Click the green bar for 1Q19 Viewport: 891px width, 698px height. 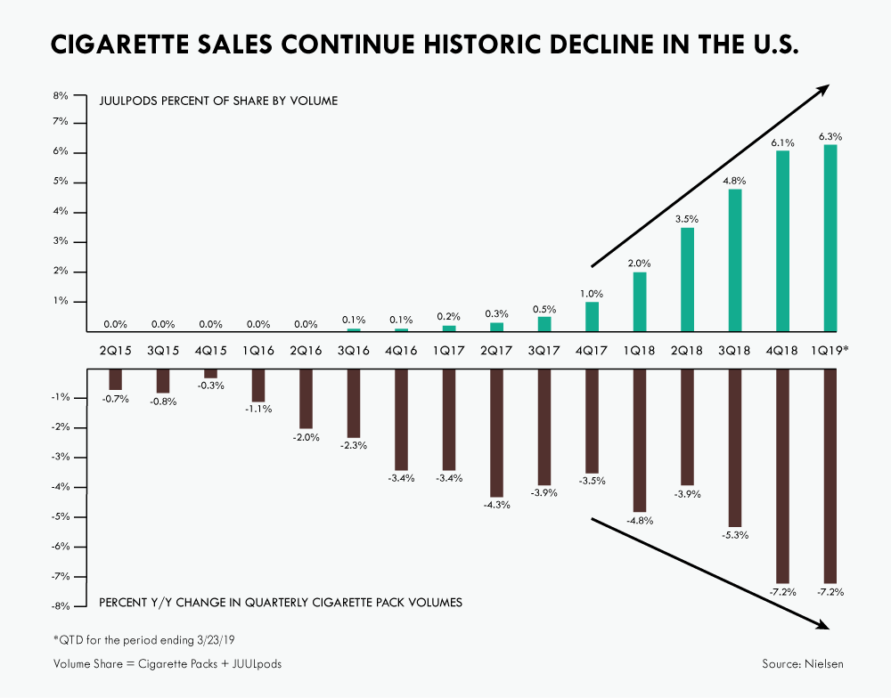click(830, 238)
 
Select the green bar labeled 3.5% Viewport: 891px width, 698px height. click(688, 279)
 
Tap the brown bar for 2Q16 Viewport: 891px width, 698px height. click(306, 399)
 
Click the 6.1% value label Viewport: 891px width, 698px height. click(782, 142)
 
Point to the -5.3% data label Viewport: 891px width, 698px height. click(735, 535)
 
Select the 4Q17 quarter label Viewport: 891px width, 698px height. click(593, 351)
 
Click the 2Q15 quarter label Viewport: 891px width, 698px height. click(116, 351)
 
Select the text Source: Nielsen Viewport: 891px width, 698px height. click(800, 664)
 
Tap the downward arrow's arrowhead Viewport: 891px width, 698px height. click(823, 625)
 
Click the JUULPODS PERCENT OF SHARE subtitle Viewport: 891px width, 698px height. click(218, 101)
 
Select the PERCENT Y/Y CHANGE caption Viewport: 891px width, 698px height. click(280, 603)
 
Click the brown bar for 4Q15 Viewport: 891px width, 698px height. click(210, 373)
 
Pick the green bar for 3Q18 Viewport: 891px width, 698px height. click(735, 259)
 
